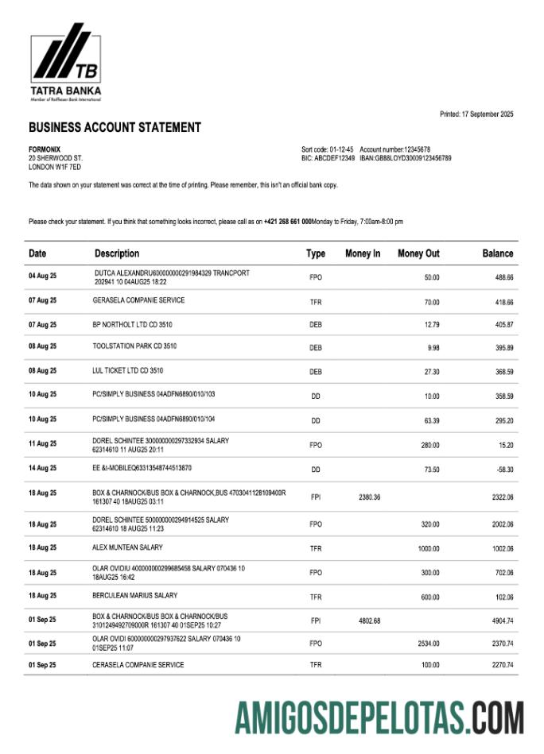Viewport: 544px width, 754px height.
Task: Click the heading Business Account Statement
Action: coord(115,127)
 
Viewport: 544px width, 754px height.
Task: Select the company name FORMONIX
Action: coord(45,149)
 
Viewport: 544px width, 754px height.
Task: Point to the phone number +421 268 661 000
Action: coord(287,222)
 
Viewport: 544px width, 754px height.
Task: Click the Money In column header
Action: coord(363,253)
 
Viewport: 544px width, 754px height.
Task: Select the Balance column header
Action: coord(497,253)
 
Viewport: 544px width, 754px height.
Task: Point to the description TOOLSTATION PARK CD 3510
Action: coord(134,346)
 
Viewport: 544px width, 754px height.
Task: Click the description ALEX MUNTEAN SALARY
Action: coord(127,547)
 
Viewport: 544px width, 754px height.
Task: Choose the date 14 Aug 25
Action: coord(42,469)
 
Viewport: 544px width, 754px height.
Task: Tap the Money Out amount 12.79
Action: coord(431,325)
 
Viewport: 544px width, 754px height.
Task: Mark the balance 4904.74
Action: coord(498,621)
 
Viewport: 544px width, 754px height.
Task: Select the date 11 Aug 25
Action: coord(42,444)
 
